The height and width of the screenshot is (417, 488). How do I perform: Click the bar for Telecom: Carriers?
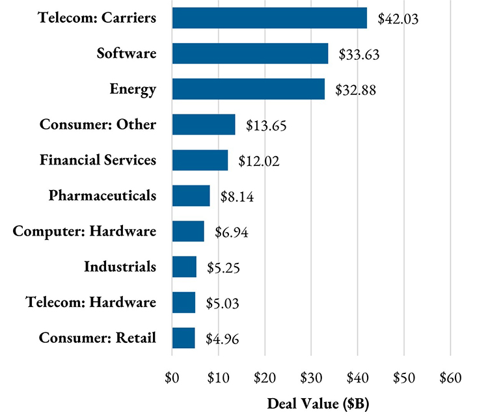pos(269,18)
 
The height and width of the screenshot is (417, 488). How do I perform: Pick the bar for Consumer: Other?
pos(204,124)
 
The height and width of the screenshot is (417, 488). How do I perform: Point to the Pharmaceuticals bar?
pos(191,195)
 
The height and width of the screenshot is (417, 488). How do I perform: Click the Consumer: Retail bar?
pos(183,338)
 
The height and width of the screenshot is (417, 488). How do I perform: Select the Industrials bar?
pos(184,267)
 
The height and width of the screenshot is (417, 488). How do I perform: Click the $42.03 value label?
pos(398,19)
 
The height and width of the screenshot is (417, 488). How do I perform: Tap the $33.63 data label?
pos(359,55)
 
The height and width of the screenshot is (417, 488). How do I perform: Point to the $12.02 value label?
pos(259,161)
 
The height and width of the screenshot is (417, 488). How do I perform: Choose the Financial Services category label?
pos(98,159)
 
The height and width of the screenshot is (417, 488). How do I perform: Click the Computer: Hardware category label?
pos(85,231)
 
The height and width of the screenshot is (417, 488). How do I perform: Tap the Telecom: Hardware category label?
pos(91,302)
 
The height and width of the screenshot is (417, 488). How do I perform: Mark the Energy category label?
pos(133,88)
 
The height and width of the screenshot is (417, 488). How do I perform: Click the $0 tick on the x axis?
pos(172,378)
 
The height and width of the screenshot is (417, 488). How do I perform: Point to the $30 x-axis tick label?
pos(311,378)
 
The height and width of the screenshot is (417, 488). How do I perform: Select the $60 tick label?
pos(450,378)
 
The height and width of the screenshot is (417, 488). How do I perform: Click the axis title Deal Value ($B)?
pos(311,403)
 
